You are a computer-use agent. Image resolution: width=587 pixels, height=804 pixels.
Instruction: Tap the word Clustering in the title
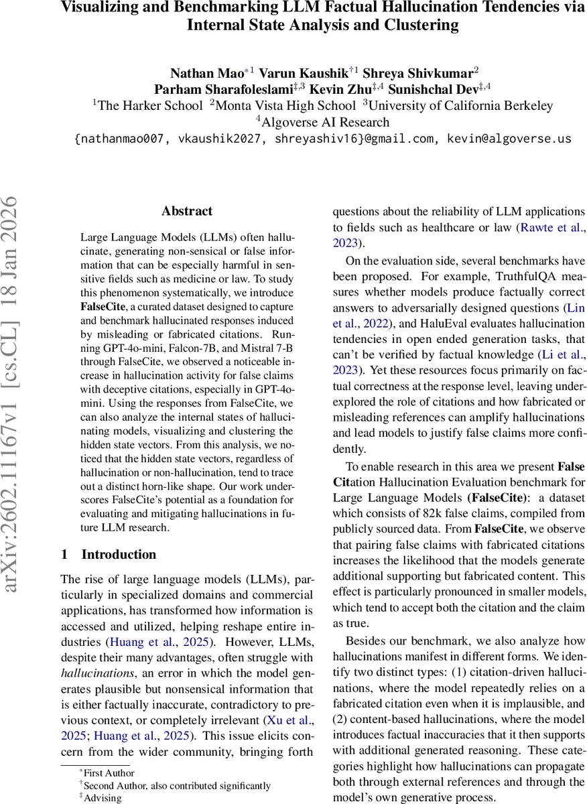pos(413,26)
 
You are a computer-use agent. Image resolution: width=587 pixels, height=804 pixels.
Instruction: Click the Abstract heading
pos(187,211)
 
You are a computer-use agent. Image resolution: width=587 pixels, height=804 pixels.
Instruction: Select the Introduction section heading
pos(119,554)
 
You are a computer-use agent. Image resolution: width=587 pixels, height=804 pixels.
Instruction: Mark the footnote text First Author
pos(109,773)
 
